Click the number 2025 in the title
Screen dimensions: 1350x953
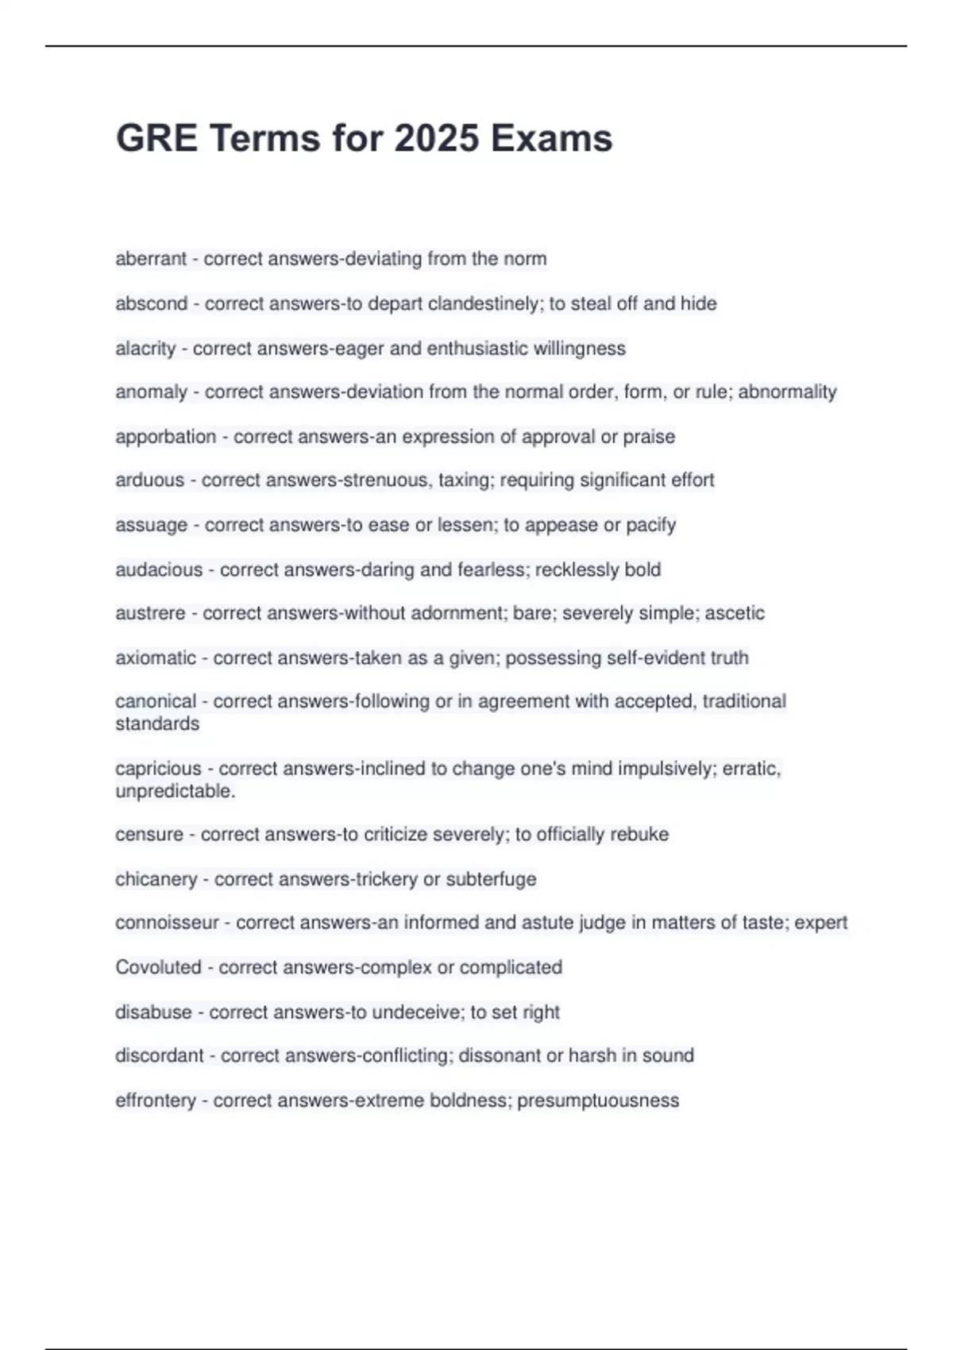tap(437, 138)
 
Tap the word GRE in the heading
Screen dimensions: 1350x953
tap(156, 138)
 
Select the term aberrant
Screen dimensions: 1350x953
tap(151, 259)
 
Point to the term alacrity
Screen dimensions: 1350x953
tap(145, 349)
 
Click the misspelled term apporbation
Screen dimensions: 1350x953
tap(165, 437)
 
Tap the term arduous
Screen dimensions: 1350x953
tap(149, 480)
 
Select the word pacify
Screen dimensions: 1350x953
tap(651, 525)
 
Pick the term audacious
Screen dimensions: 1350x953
tap(159, 569)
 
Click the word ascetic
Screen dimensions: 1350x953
tap(735, 613)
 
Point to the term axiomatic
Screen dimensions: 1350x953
tap(156, 658)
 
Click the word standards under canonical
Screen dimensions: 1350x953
tap(157, 723)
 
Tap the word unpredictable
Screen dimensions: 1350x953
tap(175, 791)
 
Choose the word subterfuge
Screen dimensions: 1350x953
tap(491, 879)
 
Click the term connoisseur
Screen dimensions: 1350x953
tap(167, 923)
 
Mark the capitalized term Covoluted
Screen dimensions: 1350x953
tap(158, 967)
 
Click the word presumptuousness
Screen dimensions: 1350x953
tap(598, 1101)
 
